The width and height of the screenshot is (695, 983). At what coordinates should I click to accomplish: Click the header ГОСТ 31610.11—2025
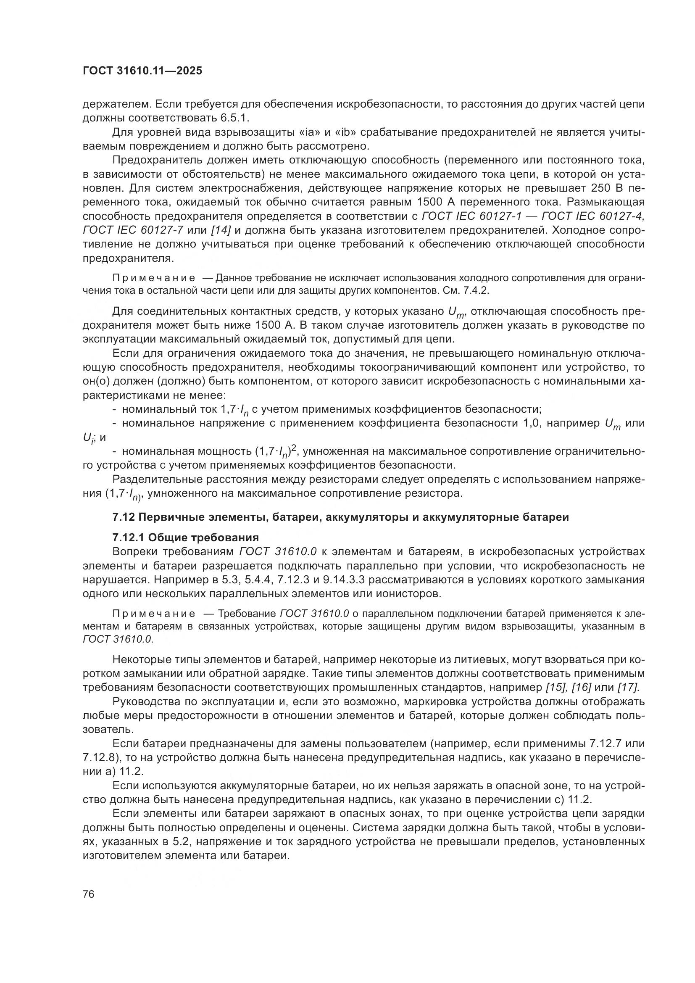click(142, 71)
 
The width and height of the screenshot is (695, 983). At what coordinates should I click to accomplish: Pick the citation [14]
click(221, 230)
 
